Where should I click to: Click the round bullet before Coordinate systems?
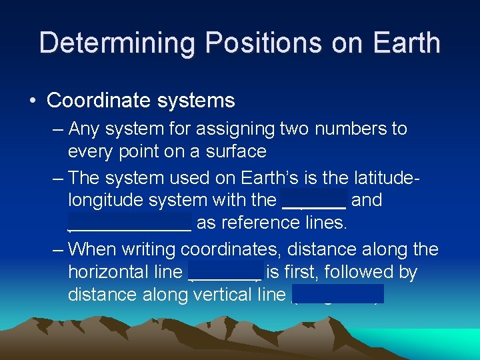33,101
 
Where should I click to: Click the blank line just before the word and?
315,200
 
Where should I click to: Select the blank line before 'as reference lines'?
130,223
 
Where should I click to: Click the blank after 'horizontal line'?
225,272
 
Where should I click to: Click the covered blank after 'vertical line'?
338,294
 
